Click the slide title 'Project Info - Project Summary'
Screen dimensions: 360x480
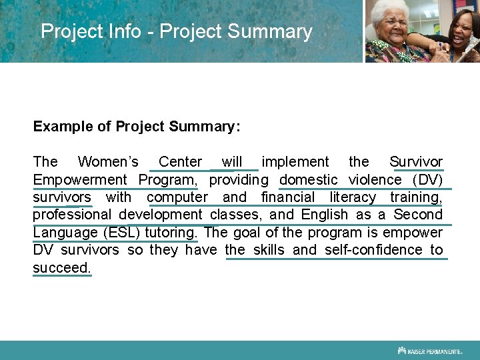(x=176, y=31)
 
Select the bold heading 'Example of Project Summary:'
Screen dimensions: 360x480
(x=137, y=126)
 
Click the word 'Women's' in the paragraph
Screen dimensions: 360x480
(x=108, y=162)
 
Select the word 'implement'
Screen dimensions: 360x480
(x=295, y=162)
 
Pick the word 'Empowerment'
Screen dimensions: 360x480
(x=79, y=180)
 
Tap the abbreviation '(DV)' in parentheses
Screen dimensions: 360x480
(x=427, y=180)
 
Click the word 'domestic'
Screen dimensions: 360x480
(x=308, y=180)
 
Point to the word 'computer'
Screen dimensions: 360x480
(x=177, y=197)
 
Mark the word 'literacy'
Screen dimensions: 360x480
(x=353, y=197)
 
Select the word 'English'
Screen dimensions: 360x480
(x=325, y=215)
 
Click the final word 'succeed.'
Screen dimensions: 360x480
(x=62, y=268)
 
